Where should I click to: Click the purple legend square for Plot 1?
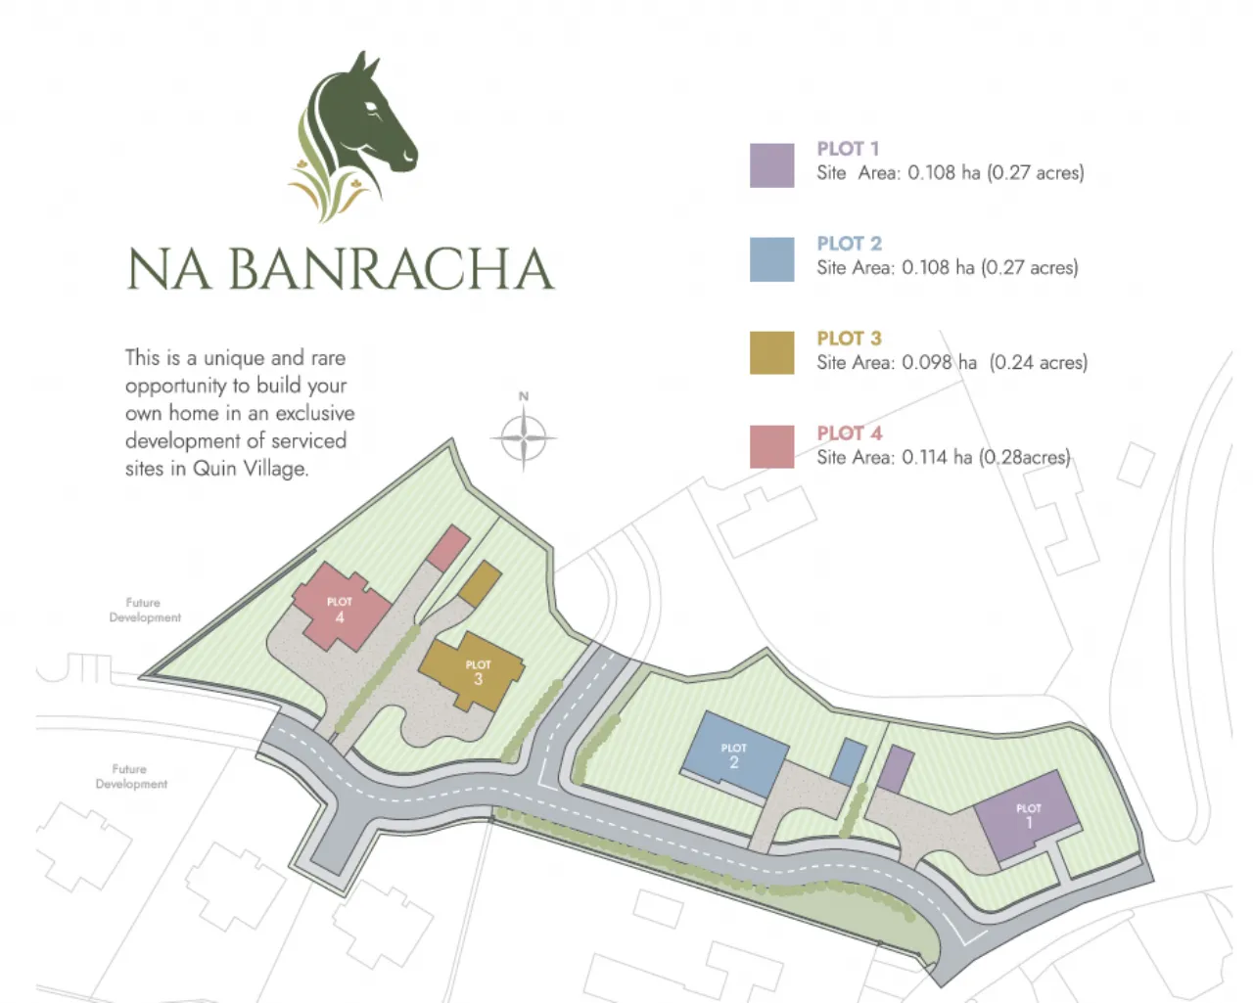coord(771,165)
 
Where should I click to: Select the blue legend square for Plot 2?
coord(771,259)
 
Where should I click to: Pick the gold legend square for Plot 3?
coord(771,353)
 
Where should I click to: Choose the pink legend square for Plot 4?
coord(771,447)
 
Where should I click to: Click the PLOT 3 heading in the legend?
coord(849,339)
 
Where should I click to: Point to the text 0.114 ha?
coord(937,458)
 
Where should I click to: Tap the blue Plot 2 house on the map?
coord(734,754)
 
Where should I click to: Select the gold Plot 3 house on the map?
coord(472,671)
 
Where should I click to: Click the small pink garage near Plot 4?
coord(448,549)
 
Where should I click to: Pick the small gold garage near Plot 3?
coord(480,583)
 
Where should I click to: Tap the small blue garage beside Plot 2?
coord(849,761)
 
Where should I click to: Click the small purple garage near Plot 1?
coord(895,769)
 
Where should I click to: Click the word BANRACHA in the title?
coord(391,270)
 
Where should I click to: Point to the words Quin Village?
coord(250,469)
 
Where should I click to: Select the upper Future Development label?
coord(144,610)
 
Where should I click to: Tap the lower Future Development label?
coord(130,776)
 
